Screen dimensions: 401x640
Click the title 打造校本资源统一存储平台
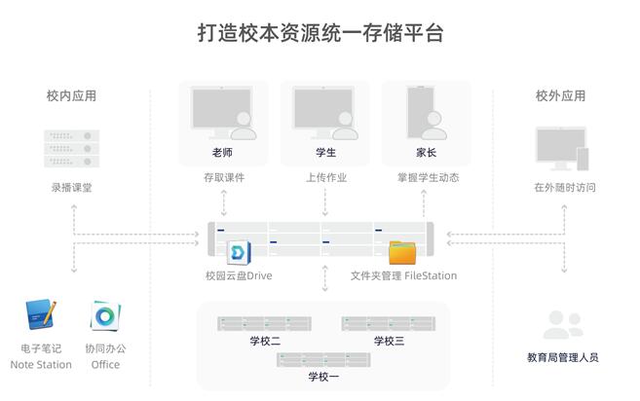[x=320, y=33]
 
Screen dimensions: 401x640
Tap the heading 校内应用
[x=71, y=96]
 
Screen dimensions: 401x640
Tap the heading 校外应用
[x=560, y=96]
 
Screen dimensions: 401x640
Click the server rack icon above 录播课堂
[x=71, y=148]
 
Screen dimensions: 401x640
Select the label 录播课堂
[x=71, y=187]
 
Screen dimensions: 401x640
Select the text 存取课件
[x=224, y=178]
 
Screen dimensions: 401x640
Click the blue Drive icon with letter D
[x=239, y=253]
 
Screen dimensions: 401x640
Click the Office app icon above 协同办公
[x=104, y=315]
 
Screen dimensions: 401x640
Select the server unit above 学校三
[x=389, y=323]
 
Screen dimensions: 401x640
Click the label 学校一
[x=324, y=376]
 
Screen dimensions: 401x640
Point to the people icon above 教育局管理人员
[x=562, y=324]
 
